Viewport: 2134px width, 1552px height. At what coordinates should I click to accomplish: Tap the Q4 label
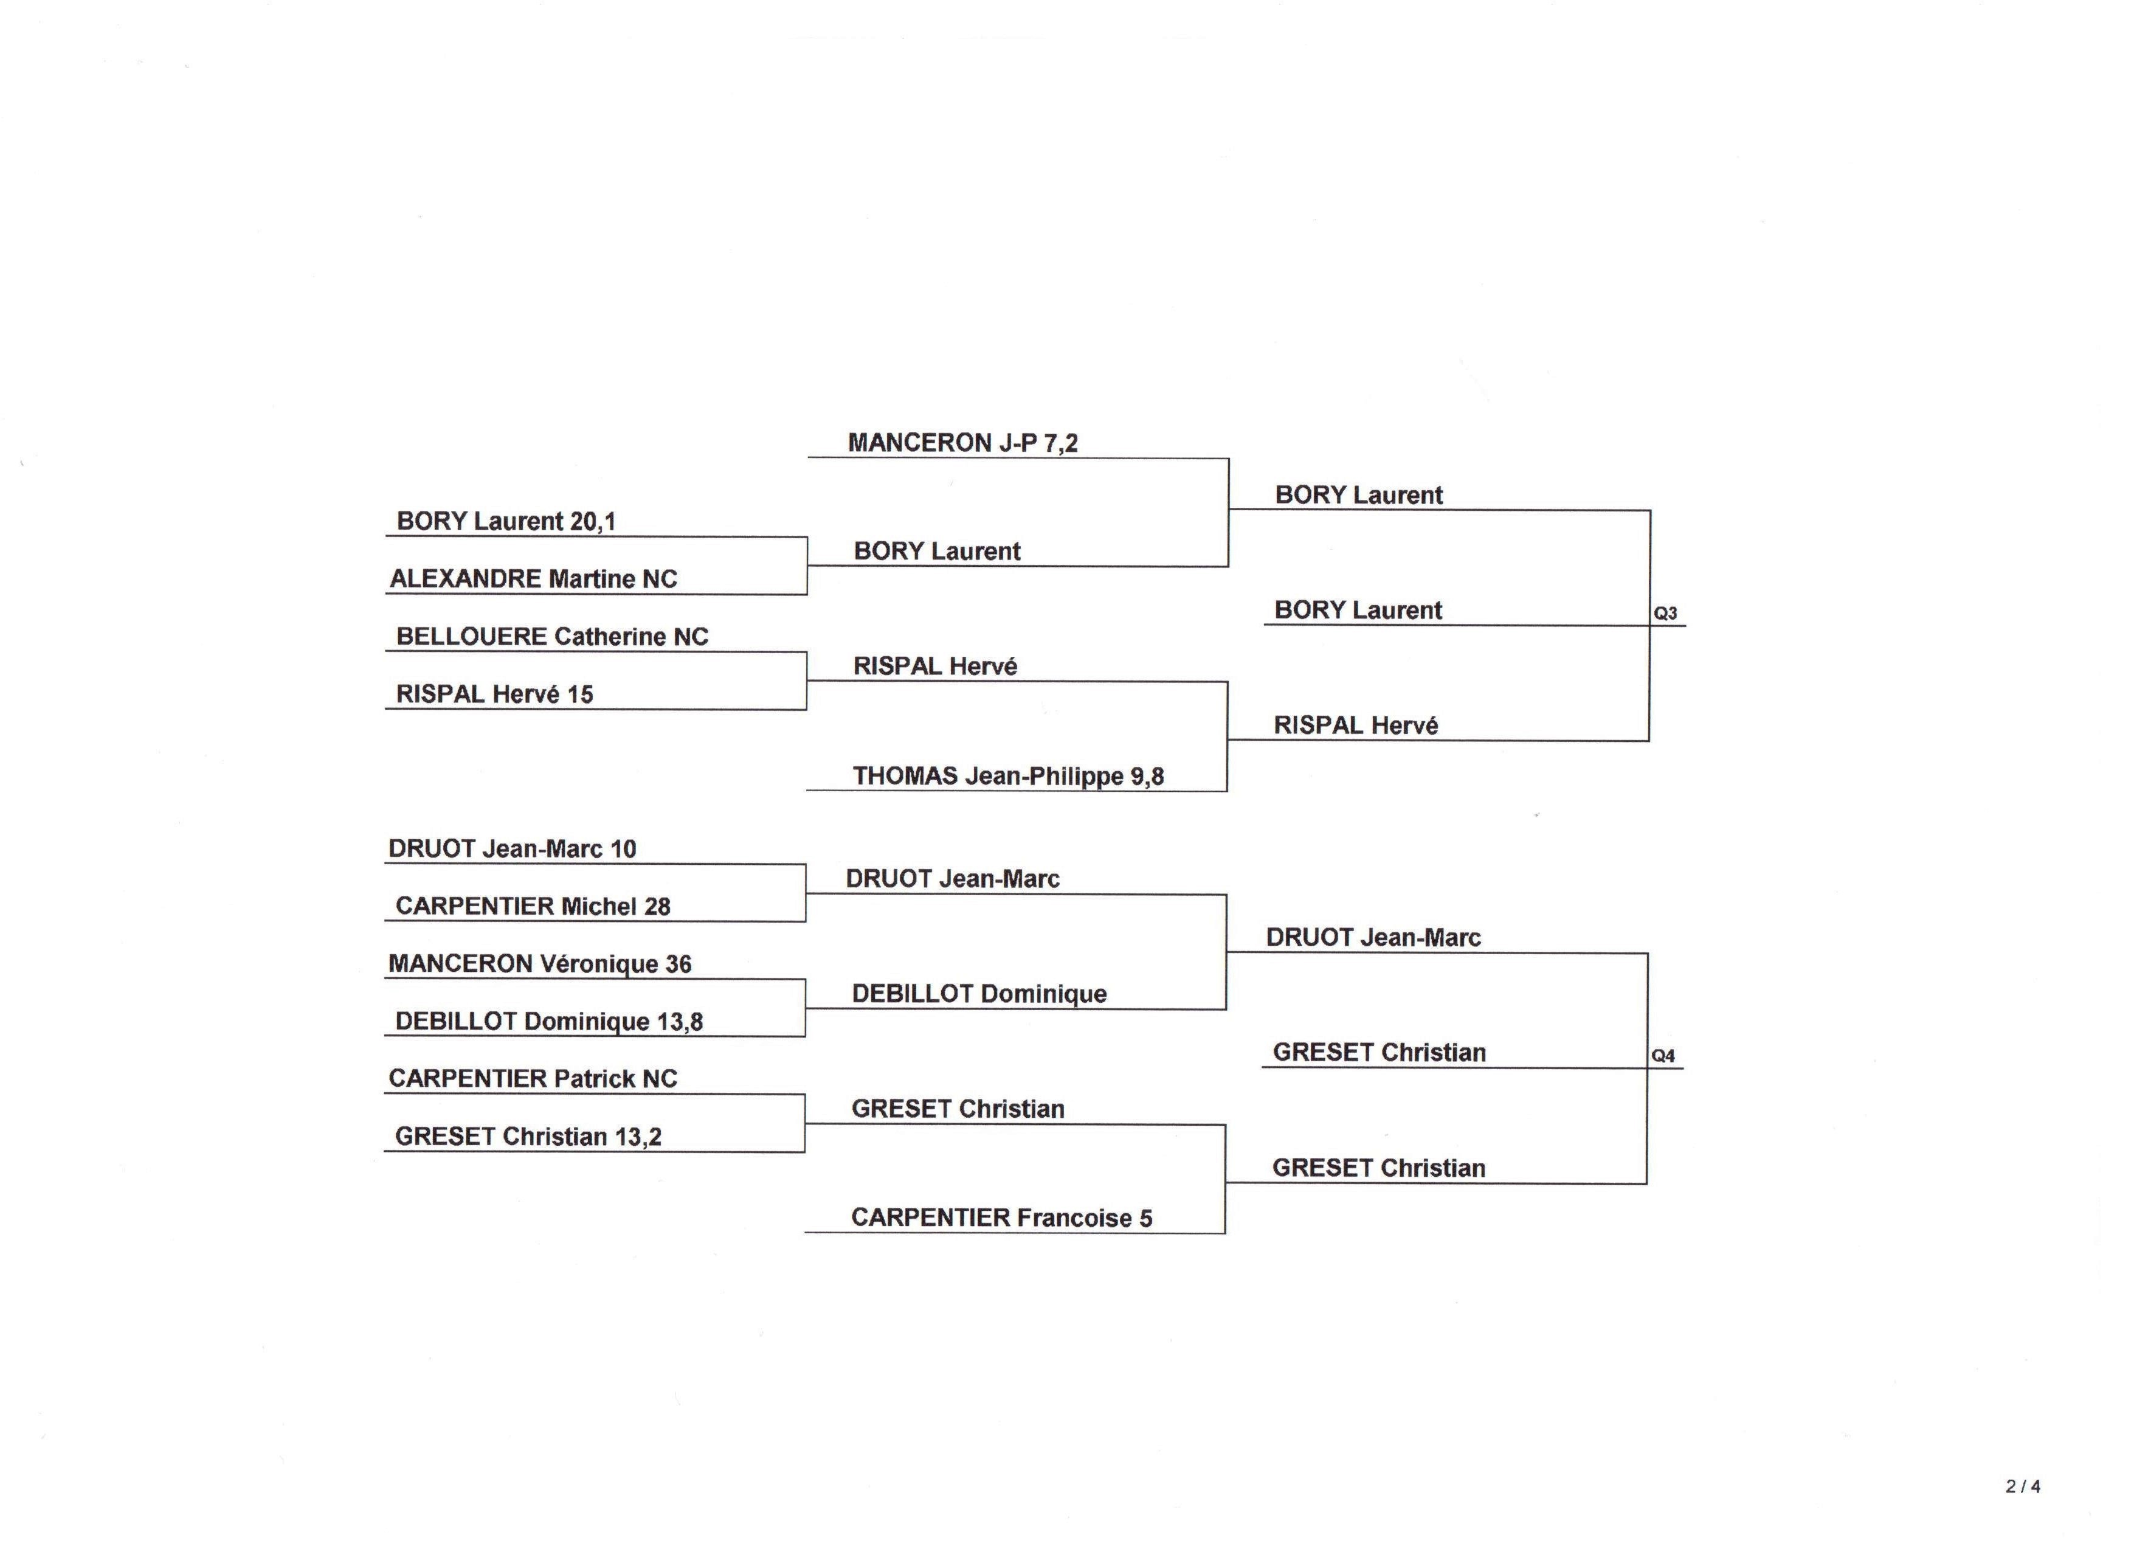[x=1663, y=1056]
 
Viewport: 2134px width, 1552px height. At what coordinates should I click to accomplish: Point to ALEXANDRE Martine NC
[x=534, y=579]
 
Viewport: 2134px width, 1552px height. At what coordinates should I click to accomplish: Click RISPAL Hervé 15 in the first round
[x=495, y=694]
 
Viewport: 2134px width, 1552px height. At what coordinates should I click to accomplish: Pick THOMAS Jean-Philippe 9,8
[x=1009, y=777]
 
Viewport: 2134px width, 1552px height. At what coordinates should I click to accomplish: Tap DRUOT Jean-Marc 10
[x=512, y=849]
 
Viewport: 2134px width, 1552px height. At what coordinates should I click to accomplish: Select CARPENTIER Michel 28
[x=533, y=906]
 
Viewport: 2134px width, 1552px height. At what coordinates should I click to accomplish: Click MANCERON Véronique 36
[x=540, y=964]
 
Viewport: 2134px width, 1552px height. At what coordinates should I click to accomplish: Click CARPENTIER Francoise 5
[x=1002, y=1218]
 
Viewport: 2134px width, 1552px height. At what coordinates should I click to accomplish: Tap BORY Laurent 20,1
[x=506, y=521]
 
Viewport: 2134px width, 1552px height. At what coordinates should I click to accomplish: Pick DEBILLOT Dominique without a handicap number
[x=979, y=994]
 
